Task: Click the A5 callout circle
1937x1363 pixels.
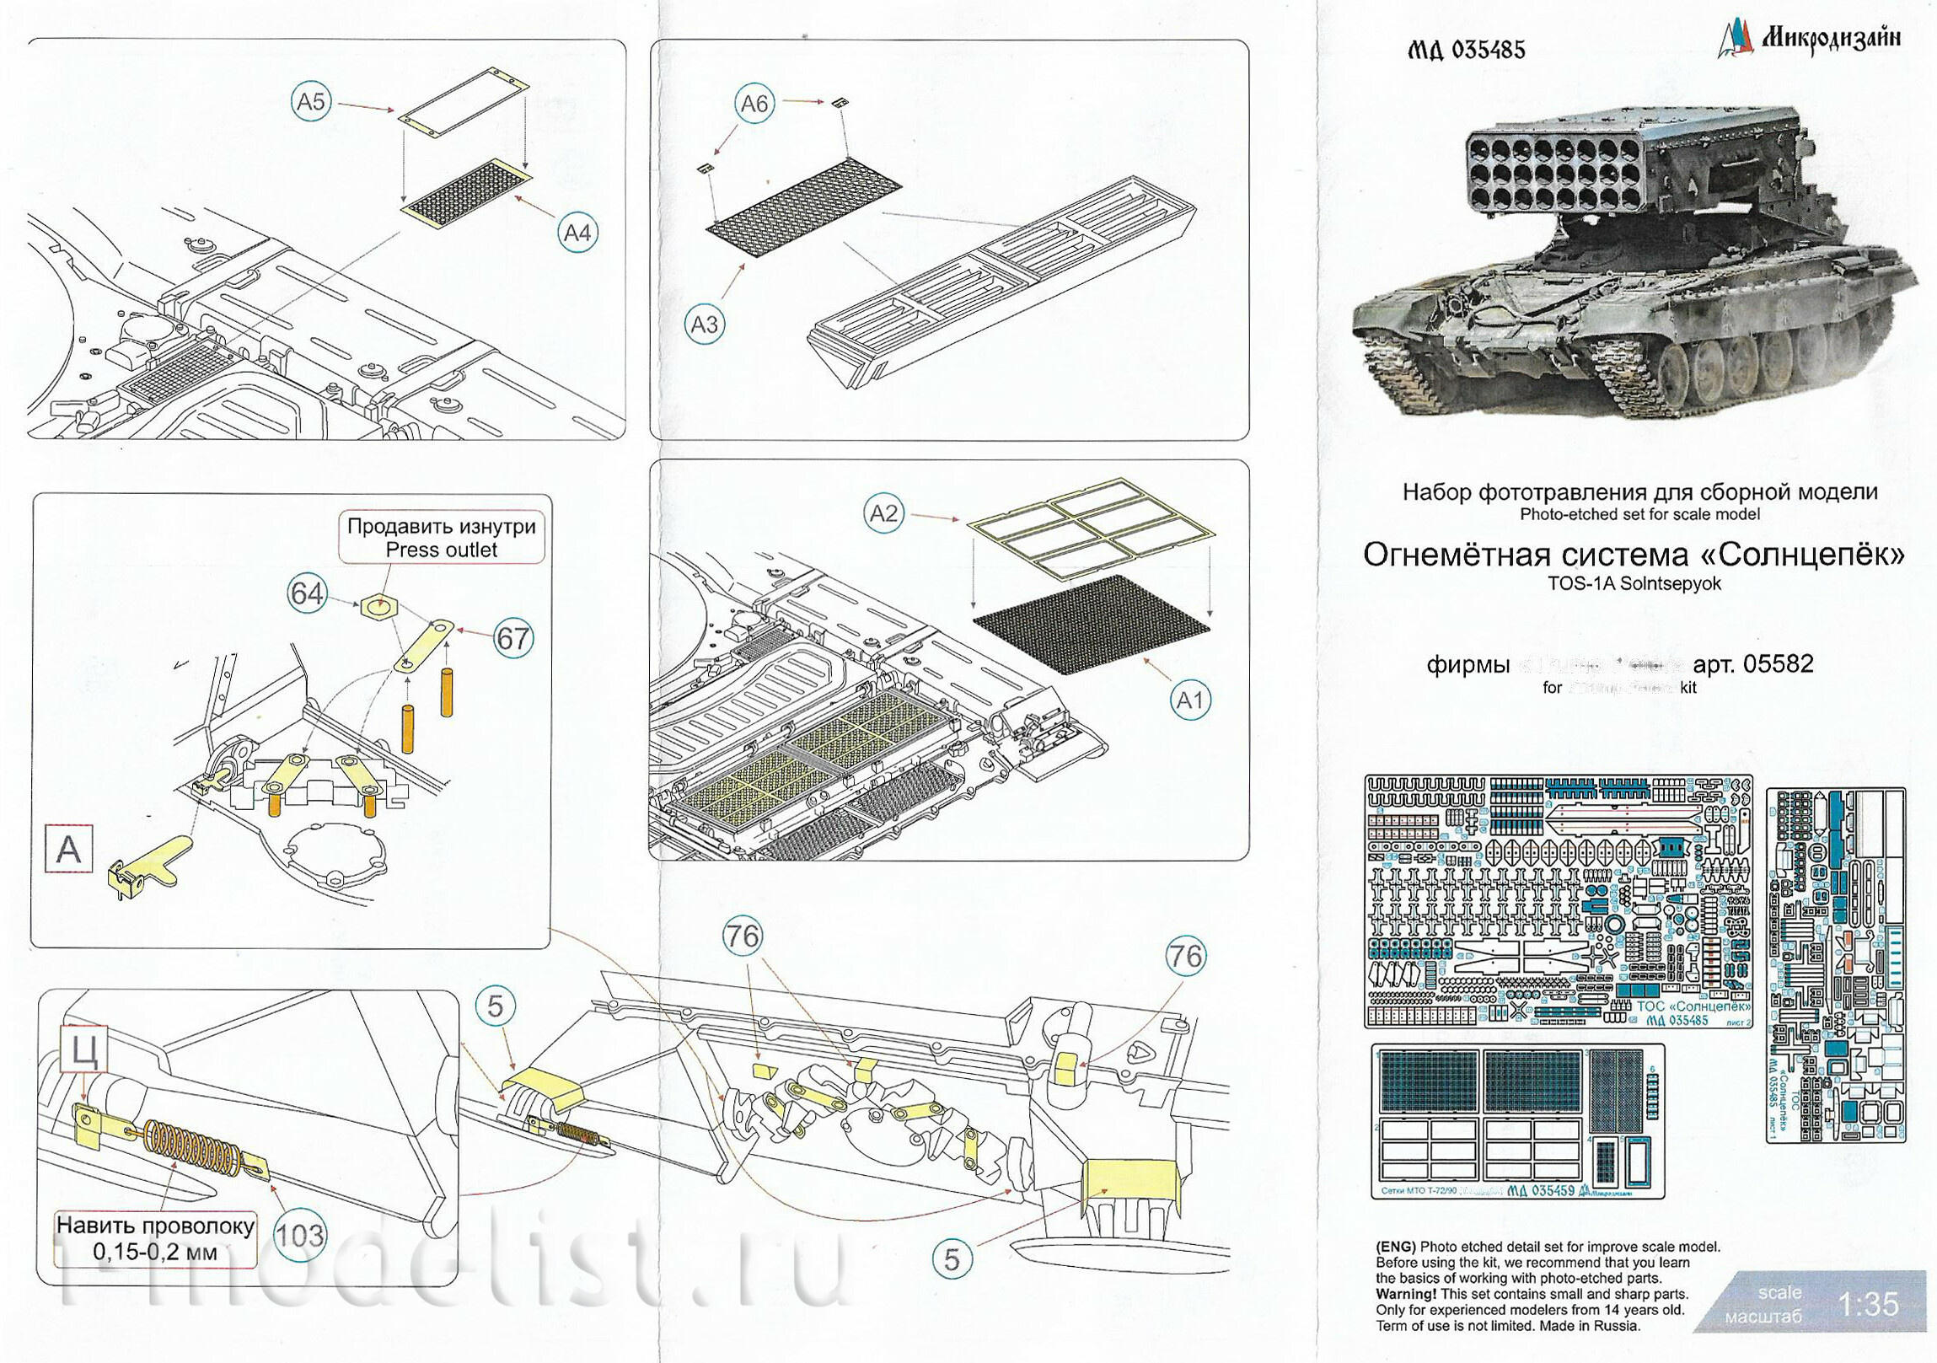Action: pyautogui.click(x=310, y=102)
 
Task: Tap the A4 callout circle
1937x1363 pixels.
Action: pyautogui.click(x=577, y=232)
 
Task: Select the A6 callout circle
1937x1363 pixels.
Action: pyautogui.click(x=754, y=104)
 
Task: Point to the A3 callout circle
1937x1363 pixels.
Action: pyautogui.click(x=705, y=325)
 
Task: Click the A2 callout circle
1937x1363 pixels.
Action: pyautogui.click(x=883, y=512)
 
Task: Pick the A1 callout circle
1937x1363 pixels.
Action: pyautogui.click(x=1189, y=700)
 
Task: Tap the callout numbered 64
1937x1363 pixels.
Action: pyautogui.click(x=306, y=593)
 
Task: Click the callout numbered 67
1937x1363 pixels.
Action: pyautogui.click(x=512, y=638)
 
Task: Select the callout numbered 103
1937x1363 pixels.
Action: pyautogui.click(x=299, y=1236)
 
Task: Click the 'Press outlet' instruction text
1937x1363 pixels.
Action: pyautogui.click(x=441, y=550)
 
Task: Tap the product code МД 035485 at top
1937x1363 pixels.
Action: pyautogui.click(x=1467, y=51)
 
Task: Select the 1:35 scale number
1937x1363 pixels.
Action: pyautogui.click(x=1869, y=1304)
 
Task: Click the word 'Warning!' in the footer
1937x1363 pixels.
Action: pyautogui.click(x=1405, y=1294)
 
